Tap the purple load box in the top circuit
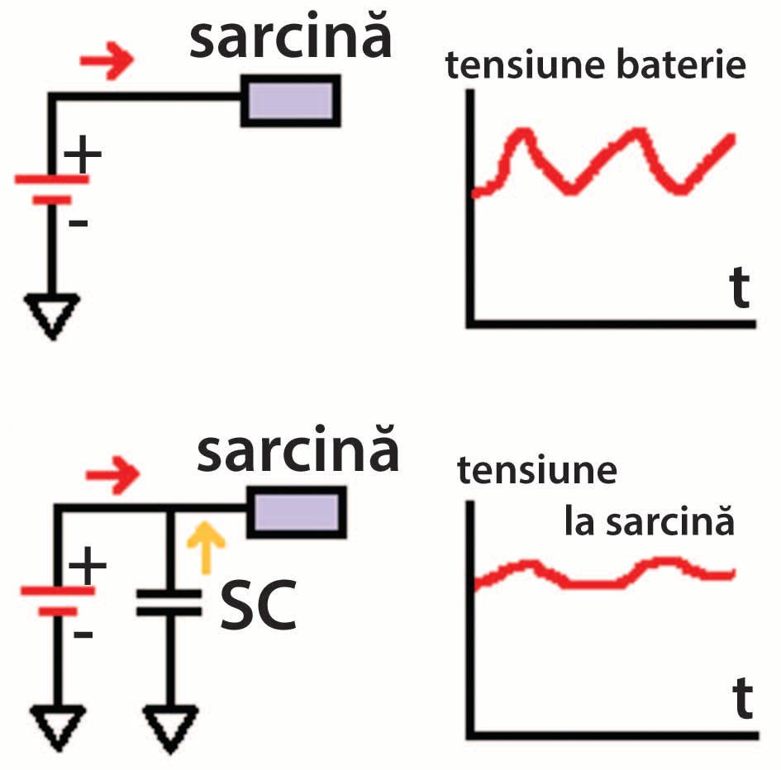coord(290,100)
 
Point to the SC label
coord(259,608)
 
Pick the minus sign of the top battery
coord(78,222)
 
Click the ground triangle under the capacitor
coord(169,725)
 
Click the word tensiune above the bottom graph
coord(537,472)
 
